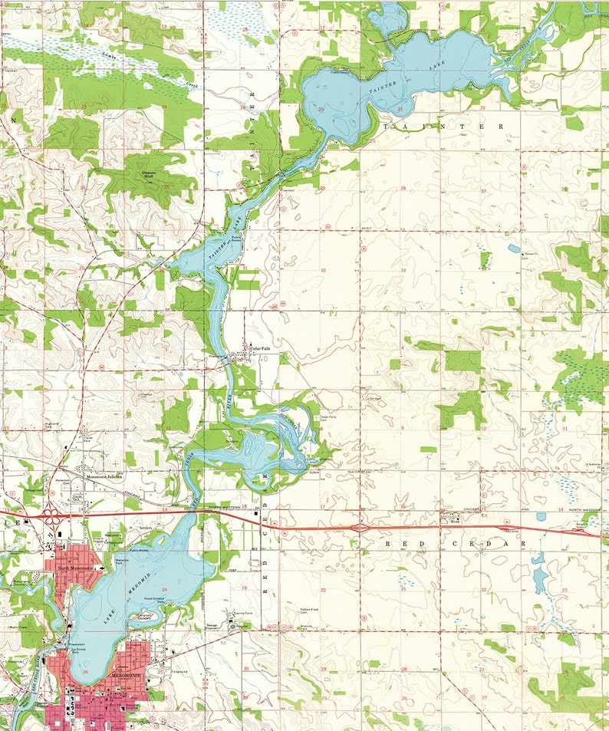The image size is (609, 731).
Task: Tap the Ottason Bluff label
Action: click(152, 174)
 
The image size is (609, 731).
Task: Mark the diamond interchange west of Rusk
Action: click(358, 528)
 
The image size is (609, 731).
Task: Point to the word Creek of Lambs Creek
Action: click(189, 84)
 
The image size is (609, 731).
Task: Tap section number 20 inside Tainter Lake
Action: click(321, 109)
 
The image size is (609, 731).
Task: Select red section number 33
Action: click(402, 270)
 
